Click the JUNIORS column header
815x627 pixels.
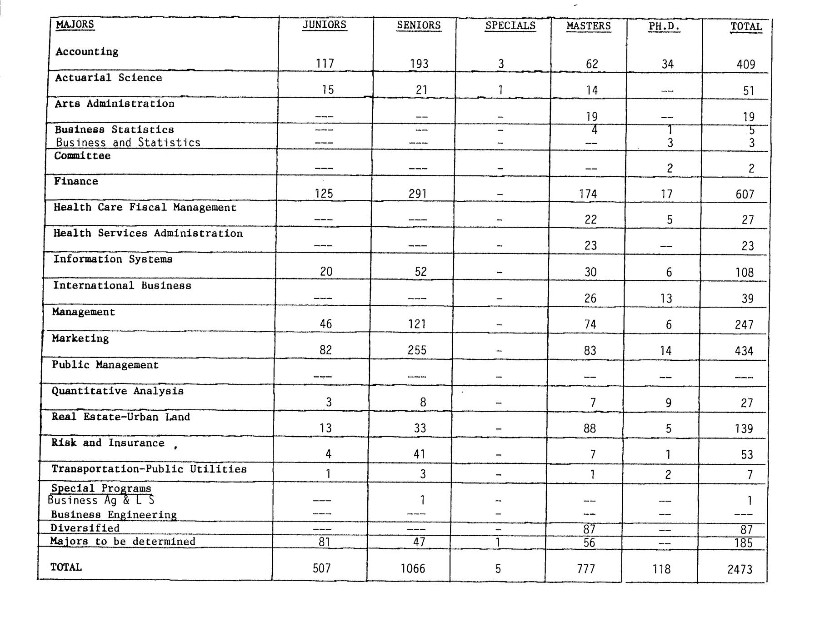coord(324,25)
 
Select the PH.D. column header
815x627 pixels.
coord(664,26)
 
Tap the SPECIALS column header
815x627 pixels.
coord(510,25)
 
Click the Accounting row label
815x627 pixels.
coord(87,51)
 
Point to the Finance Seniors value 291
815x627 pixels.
coord(417,194)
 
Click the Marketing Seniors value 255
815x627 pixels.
coord(417,350)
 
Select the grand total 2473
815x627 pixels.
coord(740,569)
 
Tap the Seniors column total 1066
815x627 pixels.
coord(413,568)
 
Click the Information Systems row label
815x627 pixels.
coord(113,259)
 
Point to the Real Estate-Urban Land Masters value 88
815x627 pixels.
coord(590,428)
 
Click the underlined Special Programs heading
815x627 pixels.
coord(101,488)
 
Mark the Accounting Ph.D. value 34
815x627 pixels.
coord(667,64)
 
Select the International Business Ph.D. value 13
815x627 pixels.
coord(666,299)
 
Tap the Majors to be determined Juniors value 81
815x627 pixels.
coord(324,542)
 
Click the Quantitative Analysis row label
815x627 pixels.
coord(117,391)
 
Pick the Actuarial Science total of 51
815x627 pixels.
coord(748,90)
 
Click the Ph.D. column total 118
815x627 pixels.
coord(661,569)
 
